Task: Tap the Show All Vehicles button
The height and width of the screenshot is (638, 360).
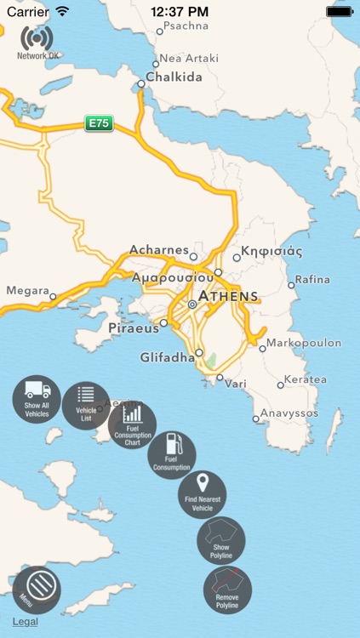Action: point(37,400)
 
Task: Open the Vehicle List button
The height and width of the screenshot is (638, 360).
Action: point(86,405)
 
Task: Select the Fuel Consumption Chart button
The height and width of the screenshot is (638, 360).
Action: point(132,424)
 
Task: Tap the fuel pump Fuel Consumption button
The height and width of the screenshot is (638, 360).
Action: point(172,455)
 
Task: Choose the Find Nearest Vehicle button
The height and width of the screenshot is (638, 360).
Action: point(202,493)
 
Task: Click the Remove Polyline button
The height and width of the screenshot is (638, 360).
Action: point(227,590)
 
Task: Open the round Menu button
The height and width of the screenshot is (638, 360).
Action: point(37,590)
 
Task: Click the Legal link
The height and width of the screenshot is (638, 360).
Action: point(25,622)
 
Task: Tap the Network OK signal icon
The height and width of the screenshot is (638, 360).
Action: point(37,40)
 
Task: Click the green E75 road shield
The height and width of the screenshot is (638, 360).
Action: point(99,123)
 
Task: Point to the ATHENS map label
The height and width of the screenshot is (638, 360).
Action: point(228,297)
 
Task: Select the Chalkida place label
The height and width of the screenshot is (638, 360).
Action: point(175,77)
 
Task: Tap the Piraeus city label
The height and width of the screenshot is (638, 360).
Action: point(134,328)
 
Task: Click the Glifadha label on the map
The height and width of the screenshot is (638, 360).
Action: point(167,357)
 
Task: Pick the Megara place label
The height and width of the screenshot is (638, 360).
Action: point(27,291)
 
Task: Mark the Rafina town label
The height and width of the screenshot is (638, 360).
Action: point(313,280)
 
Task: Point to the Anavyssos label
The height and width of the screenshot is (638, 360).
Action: point(289,413)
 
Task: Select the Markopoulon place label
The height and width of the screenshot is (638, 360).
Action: point(304,343)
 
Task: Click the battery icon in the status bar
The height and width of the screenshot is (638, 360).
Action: point(340,12)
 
